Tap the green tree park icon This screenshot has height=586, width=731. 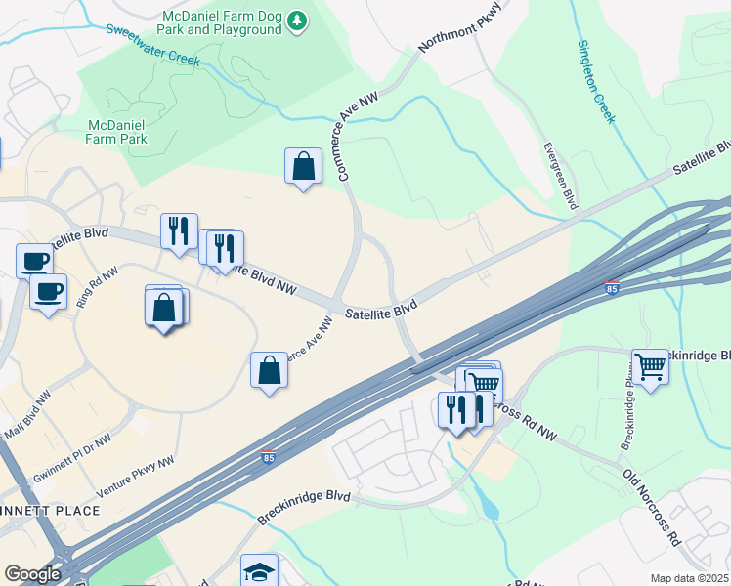(298, 21)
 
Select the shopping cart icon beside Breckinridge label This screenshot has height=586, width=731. (650, 368)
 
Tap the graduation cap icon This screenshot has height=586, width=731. (260, 571)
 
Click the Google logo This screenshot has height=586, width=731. (32, 574)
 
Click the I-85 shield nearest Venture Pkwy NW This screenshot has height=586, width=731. (268, 457)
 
